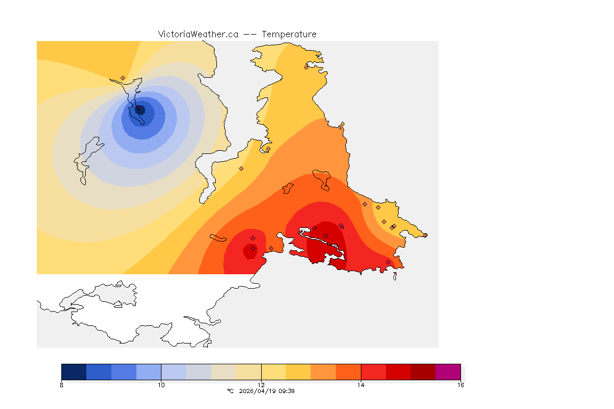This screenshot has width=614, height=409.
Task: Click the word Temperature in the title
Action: tap(289, 34)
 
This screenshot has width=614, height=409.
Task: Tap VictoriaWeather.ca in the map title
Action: tap(198, 34)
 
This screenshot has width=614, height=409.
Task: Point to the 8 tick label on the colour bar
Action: tap(62, 385)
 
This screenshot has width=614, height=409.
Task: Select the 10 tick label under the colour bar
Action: tap(161, 385)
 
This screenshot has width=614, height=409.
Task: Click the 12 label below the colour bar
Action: tap(261, 385)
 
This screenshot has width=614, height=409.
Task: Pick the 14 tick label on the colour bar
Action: tap(361, 385)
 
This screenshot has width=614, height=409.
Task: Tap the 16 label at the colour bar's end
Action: tap(461, 385)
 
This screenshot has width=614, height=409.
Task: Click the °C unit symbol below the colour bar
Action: tap(230, 391)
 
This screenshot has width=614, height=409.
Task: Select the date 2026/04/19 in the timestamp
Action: tap(260, 391)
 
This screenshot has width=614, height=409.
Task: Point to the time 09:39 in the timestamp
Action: tap(288, 391)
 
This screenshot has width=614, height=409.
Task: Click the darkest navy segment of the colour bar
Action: tap(74, 371)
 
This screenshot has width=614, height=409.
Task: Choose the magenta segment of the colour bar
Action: tap(448, 371)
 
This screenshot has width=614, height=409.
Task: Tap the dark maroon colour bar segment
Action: tap(423, 371)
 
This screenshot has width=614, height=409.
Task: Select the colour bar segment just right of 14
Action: tap(373, 371)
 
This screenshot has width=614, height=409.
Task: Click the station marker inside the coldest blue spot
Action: tap(140, 109)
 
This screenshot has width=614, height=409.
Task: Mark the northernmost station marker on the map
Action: tap(306, 67)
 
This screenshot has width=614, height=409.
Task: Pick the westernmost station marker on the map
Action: tap(123, 78)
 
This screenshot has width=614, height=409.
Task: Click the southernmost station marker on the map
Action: tap(388, 262)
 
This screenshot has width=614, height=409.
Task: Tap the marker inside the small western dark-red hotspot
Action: tap(253, 248)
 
